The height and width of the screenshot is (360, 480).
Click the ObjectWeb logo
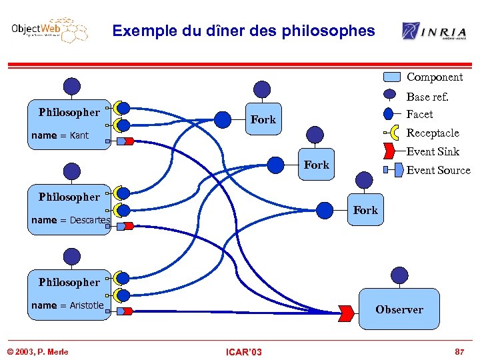(49, 31)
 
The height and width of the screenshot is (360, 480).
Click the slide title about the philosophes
(243, 31)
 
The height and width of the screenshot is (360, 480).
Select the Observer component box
(399, 309)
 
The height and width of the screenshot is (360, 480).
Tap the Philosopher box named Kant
(69, 125)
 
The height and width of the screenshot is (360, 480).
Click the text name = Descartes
(71, 220)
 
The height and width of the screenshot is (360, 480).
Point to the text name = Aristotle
(67, 305)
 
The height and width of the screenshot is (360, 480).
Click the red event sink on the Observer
(346, 311)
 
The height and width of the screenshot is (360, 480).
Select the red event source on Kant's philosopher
(128, 141)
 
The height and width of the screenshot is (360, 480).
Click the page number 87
(459, 351)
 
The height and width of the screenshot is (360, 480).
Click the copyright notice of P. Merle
(37, 352)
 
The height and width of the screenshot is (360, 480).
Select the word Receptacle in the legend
(433, 133)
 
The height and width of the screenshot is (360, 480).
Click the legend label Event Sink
(433, 151)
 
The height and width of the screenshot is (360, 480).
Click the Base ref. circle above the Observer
(399, 275)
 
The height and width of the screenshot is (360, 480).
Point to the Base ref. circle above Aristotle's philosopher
(71, 256)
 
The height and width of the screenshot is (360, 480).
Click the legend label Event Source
(438, 170)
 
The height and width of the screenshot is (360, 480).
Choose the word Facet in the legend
(419, 114)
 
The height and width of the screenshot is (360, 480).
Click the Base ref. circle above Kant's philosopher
(71, 86)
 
